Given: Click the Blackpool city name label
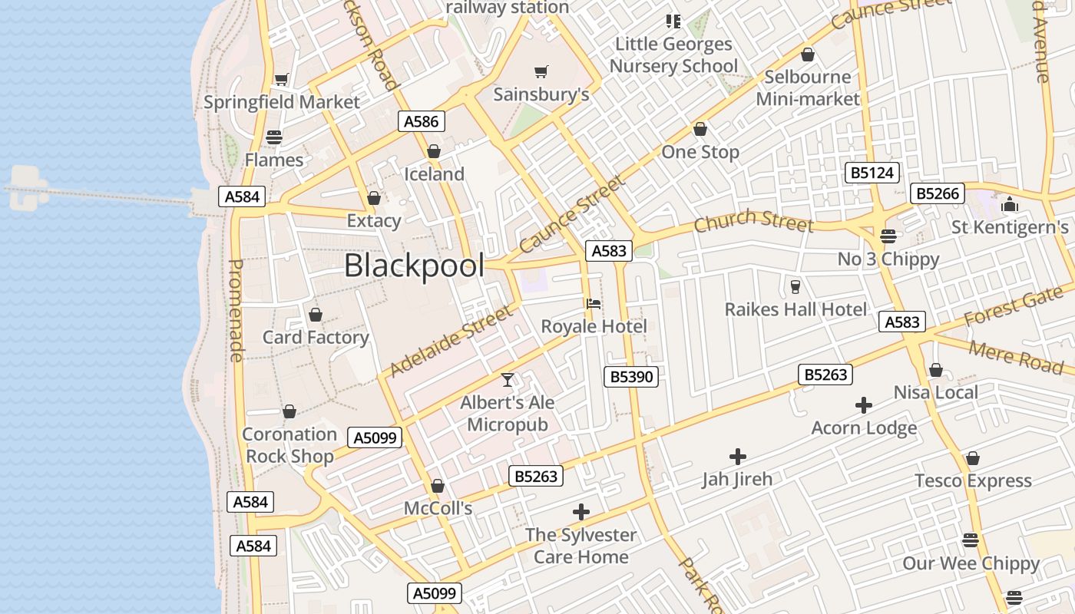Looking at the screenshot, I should tap(414, 266).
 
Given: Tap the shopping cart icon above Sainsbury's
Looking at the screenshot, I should tap(541, 72).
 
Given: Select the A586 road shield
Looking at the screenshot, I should tap(422, 121).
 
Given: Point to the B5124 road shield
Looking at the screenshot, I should tap(873, 173).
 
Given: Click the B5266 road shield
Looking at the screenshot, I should tap(938, 193).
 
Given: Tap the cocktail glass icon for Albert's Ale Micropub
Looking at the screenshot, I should tap(507, 379).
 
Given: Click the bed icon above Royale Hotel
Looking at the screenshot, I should tap(594, 304).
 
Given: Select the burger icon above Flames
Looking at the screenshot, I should tap(274, 138).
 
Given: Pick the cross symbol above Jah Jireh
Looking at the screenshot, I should tap(737, 457).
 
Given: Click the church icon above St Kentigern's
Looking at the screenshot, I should tap(1009, 205).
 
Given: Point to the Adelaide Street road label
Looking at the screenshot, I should tap(450, 341).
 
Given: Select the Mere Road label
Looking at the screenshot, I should tap(1015, 358).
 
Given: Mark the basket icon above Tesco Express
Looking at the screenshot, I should tap(973, 458).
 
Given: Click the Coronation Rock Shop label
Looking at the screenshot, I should tap(289, 445).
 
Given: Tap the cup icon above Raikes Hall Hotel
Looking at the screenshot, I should tap(795, 287).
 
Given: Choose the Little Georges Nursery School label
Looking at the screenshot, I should tap(673, 55).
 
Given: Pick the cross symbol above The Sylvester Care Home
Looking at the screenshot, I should tap(581, 512).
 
